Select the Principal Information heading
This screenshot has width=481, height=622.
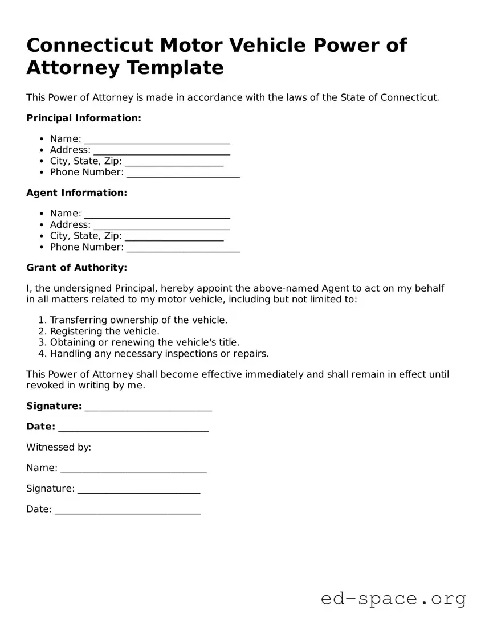point(83,118)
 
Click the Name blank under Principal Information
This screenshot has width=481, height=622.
point(157,140)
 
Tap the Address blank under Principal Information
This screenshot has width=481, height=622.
point(161,151)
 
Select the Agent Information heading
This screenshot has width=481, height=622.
point(76,193)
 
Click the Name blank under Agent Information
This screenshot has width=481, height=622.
point(157,215)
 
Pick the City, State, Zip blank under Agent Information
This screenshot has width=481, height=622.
point(174,237)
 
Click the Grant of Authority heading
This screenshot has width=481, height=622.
point(76,268)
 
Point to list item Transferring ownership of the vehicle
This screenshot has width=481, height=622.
point(138,320)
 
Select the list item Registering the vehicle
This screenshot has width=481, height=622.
point(104,331)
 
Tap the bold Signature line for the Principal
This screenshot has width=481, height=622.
point(148,407)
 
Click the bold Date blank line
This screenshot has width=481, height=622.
point(133,428)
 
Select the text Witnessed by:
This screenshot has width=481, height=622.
point(59,447)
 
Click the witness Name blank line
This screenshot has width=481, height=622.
point(133,469)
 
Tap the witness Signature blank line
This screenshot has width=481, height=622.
point(138,489)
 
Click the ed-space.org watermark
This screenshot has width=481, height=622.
point(393,599)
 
